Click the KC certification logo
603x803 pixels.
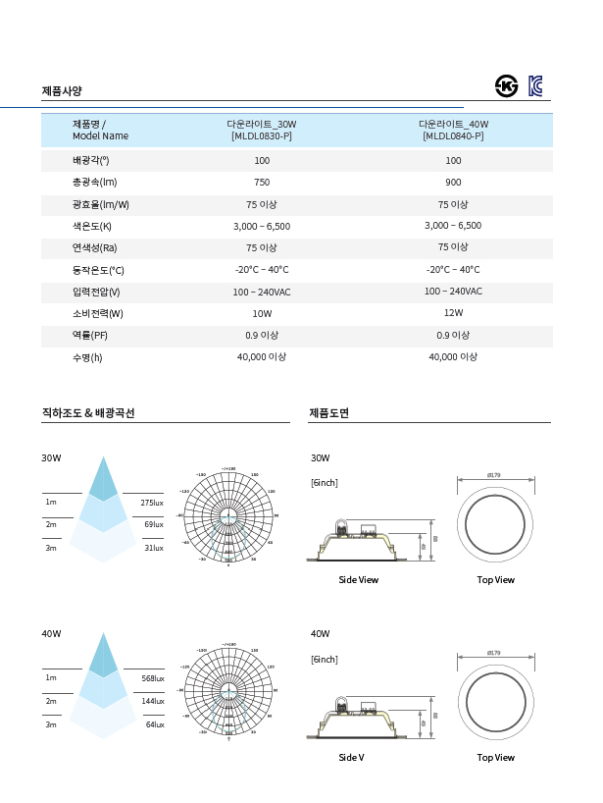point(535,85)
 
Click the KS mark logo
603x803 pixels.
point(506,85)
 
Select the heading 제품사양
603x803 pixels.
point(62,91)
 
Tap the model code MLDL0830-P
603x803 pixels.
point(262,136)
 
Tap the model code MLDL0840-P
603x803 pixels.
point(453,136)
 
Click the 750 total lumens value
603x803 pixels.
point(262,183)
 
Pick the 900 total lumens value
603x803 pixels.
point(453,183)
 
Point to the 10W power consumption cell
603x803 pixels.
point(262,314)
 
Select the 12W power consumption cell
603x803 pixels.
point(453,313)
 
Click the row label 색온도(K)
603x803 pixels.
point(92,227)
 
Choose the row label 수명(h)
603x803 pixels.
point(87,358)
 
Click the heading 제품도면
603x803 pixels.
point(328,413)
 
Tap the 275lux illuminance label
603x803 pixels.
point(152,503)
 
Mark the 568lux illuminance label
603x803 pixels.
point(152,678)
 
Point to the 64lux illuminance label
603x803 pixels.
point(154,724)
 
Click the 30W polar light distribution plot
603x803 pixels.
point(228,515)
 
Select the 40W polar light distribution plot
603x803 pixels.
point(228,691)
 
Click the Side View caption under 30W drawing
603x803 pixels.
point(358,580)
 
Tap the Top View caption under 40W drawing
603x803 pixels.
point(495,758)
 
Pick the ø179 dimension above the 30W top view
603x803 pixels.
point(494,476)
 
